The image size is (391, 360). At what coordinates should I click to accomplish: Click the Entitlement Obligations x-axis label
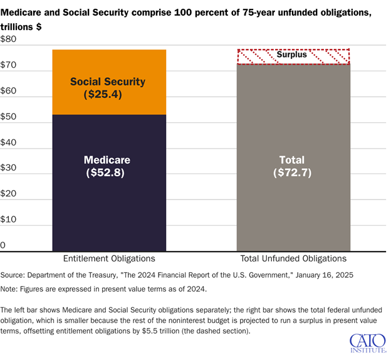click(109, 258)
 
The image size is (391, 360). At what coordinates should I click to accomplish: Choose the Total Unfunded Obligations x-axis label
click(293, 258)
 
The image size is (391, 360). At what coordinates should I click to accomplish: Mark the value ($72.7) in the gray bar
click(293, 172)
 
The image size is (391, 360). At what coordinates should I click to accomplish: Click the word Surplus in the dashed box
click(292, 55)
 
